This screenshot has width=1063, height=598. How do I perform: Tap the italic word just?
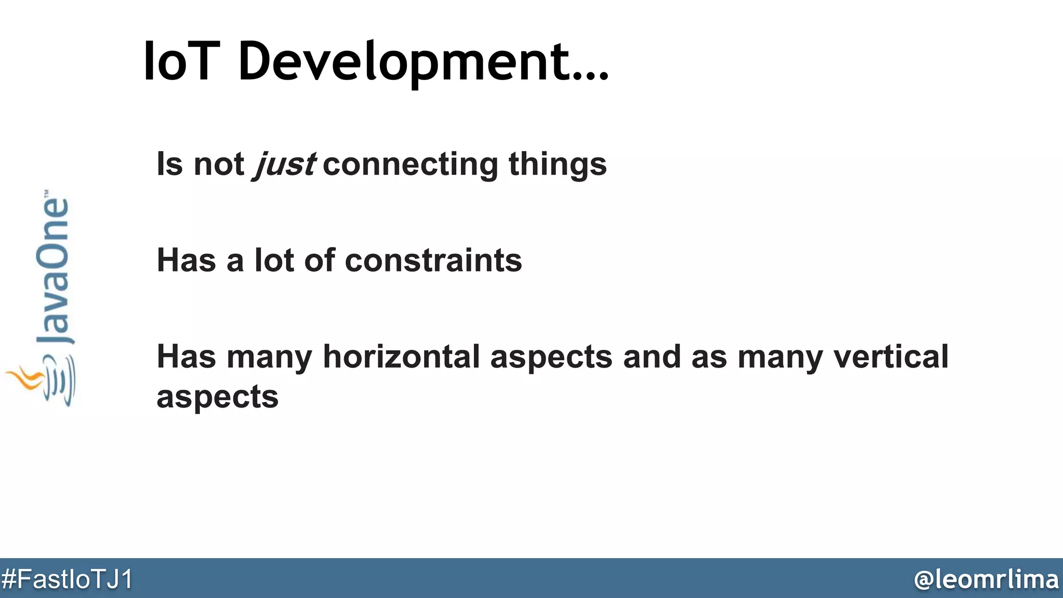[x=284, y=165]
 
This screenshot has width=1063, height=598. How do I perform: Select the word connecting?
[x=410, y=165]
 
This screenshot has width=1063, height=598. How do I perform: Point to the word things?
[x=557, y=164]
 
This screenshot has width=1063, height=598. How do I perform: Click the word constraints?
[x=433, y=260]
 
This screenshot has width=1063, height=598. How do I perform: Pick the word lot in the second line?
[x=274, y=260]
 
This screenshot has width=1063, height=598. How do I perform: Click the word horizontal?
[x=401, y=357]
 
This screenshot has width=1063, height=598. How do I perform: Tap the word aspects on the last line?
[x=217, y=397]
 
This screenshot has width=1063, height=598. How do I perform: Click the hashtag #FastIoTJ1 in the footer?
[x=67, y=579]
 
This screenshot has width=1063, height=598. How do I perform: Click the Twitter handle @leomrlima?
[x=986, y=579]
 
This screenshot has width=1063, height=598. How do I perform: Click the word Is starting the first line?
[x=170, y=165]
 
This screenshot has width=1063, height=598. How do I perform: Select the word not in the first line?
[x=219, y=165]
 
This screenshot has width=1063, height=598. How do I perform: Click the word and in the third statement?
[x=651, y=357]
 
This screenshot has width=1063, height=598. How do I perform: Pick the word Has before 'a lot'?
[x=186, y=260]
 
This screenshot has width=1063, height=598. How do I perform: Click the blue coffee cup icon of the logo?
[x=60, y=382]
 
